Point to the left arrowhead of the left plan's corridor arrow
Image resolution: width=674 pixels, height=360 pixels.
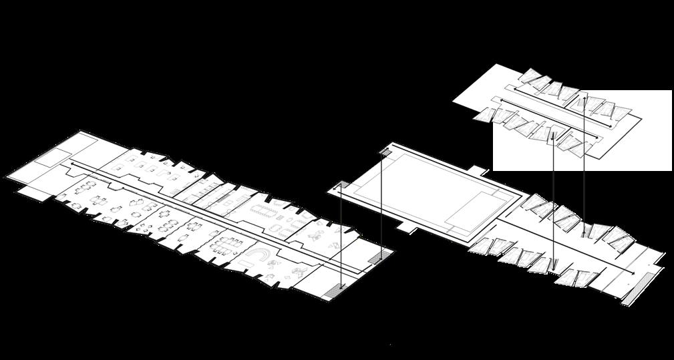point(71,163)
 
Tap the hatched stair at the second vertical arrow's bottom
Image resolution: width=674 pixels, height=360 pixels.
point(382,258)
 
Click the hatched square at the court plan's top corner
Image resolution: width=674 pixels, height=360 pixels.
point(387,152)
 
